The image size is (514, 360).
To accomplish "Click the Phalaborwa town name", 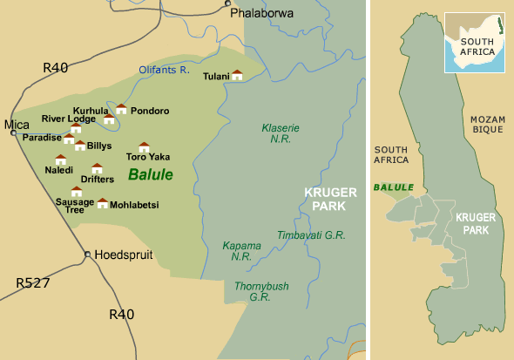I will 261,13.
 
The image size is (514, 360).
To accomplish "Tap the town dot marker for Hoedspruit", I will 87,255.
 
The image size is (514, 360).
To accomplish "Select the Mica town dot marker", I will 14,132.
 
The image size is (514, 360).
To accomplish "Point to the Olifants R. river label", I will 164,70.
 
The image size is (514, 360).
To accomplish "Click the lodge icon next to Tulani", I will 237,76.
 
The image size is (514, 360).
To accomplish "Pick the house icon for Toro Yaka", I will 145,147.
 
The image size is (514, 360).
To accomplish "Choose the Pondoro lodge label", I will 150,111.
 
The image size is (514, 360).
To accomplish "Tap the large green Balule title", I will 151,174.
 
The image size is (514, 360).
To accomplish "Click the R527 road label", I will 33,283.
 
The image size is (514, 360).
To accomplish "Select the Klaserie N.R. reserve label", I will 281,133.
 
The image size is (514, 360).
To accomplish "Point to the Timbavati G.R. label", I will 311,235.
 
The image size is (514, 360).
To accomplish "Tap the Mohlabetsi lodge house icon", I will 103,203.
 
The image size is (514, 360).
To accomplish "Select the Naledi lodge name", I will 59,171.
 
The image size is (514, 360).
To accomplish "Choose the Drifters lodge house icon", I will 97,168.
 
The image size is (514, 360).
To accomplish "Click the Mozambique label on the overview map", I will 487,124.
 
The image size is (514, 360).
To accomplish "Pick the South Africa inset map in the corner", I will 475,42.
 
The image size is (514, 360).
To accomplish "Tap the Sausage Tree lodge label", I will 75,206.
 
